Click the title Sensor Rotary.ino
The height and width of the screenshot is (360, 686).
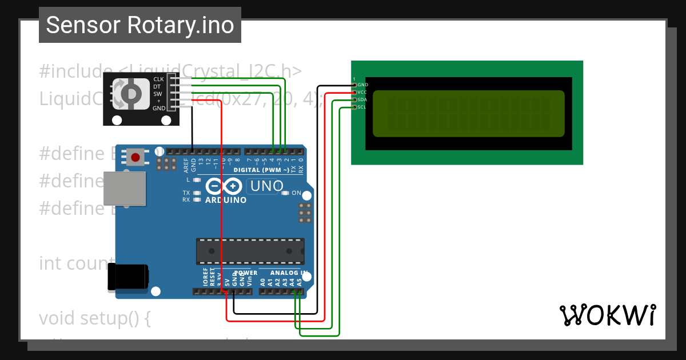[x=140, y=25]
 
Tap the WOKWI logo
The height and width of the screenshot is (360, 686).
[x=607, y=315]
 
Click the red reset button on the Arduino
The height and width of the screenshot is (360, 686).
[x=135, y=157]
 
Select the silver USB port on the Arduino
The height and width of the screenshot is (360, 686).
[x=124, y=188]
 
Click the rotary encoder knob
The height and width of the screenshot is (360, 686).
[x=131, y=93]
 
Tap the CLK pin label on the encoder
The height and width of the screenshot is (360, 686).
[x=158, y=79]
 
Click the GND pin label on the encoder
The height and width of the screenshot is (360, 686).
[x=158, y=108]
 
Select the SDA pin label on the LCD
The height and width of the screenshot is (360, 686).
[x=362, y=99]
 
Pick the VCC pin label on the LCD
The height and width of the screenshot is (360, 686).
[x=362, y=92]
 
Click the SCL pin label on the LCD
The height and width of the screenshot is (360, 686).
[x=362, y=107]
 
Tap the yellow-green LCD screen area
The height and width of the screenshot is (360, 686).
[x=468, y=114]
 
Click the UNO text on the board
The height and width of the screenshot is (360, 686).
[x=267, y=186]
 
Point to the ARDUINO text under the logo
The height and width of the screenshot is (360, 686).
[x=226, y=200]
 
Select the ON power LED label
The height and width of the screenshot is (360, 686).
[x=296, y=193]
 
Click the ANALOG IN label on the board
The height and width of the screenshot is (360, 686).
[x=289, y=273]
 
